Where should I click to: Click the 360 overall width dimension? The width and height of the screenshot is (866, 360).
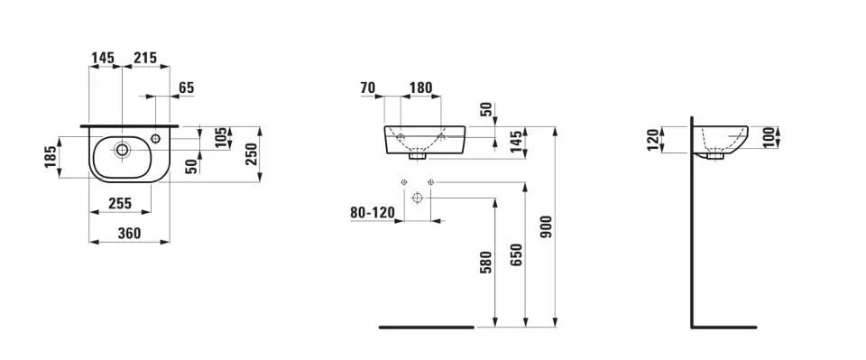[x=129, y=234]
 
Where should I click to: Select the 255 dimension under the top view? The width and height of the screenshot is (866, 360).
[x=120, y=204]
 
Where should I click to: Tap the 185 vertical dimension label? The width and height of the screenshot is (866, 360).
[x=51, y=157]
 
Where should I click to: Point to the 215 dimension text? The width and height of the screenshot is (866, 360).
[x=145, y=58]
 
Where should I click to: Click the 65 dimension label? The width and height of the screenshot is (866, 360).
[x=187, y=88]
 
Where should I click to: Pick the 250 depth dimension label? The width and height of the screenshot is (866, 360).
[x=251, y=154]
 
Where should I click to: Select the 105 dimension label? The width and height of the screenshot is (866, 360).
[x=221, y=138]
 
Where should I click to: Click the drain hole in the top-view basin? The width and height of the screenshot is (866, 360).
[x=122, y=149]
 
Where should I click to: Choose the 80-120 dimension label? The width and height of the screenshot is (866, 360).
[x=373, y=212]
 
